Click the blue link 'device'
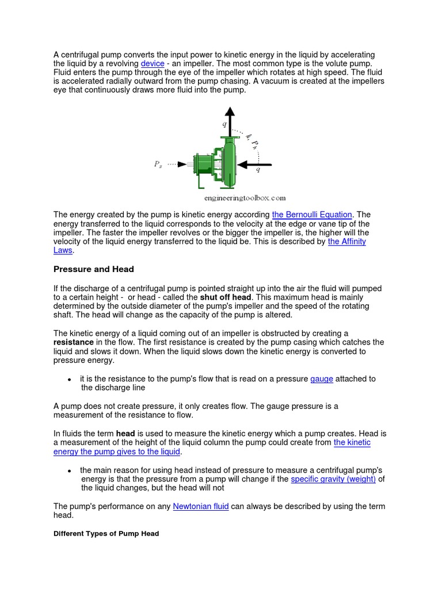153,63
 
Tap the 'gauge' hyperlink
322,378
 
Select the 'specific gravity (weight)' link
333,479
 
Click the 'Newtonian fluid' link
201,506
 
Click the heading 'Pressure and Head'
93,269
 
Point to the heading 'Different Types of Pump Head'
106,534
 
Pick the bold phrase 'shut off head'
226,297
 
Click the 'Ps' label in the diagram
158,165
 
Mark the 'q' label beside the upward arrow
224,123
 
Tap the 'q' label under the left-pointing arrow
258,171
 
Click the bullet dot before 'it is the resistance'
69,380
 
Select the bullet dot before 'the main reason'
69,471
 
